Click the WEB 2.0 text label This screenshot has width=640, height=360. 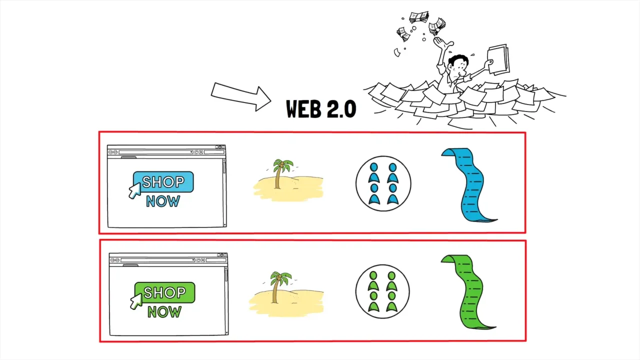pyautogui.click(x=320, y=109)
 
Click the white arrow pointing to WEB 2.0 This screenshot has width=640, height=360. pyautogui.click(x=240, y=96)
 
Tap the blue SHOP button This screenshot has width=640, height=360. pyautogui.click(x=163, y=182)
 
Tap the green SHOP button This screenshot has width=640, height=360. pyautogui.click(x=164, y=292)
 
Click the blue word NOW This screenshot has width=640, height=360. pyautogui.click(x=163, y=201)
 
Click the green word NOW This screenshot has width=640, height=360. pyautogui.click(x=164, y=312)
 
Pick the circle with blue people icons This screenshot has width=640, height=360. pyautogui.click(x=383, y=183)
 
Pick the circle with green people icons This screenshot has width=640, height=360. pyautogui.click(x=382, y=291)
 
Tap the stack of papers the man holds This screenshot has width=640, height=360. pyautogui.click(x=497, y=59)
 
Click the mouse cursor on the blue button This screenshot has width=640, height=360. pyautogui.click(x=134, y=190)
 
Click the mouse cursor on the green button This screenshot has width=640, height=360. pyautogui.click(x=135, y=301)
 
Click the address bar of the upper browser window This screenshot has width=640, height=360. pyautogui.click(x=155, y=152)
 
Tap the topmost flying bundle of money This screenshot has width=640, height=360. pyautogui.click(x=418, y=17)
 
